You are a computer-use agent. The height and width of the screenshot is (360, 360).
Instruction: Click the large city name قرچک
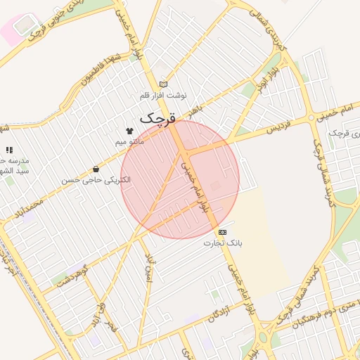pyautogui.click(x=159, y=117)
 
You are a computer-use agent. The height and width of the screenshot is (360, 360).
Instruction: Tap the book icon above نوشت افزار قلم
pyautogui.click(x=163, y=84)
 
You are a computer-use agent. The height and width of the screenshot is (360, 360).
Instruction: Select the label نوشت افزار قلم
pyautogui.click(x=163, y=95)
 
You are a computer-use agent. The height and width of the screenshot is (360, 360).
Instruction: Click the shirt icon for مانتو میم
pyautogui.click(x=129, y=131)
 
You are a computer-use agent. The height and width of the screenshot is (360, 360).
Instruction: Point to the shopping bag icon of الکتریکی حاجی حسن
pyautogui.click(x=96, y=169)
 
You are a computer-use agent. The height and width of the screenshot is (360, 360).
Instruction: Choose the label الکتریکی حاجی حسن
pyautogui.click(x=96, y=181)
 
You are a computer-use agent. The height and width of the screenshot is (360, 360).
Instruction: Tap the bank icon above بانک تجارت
pyautogui.click(x=223, y=231)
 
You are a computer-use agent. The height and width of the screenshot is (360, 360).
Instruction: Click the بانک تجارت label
pyautogui.click(x=223, y=243)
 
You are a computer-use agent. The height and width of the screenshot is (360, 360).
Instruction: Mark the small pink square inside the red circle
pyautogui.click(x=215, y=185)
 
